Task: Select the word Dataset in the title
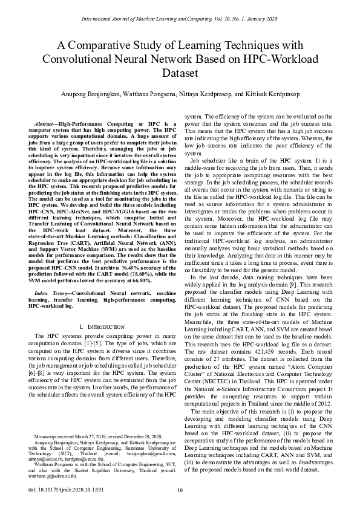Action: [180, 73]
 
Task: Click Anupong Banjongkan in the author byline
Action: [90, 95]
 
